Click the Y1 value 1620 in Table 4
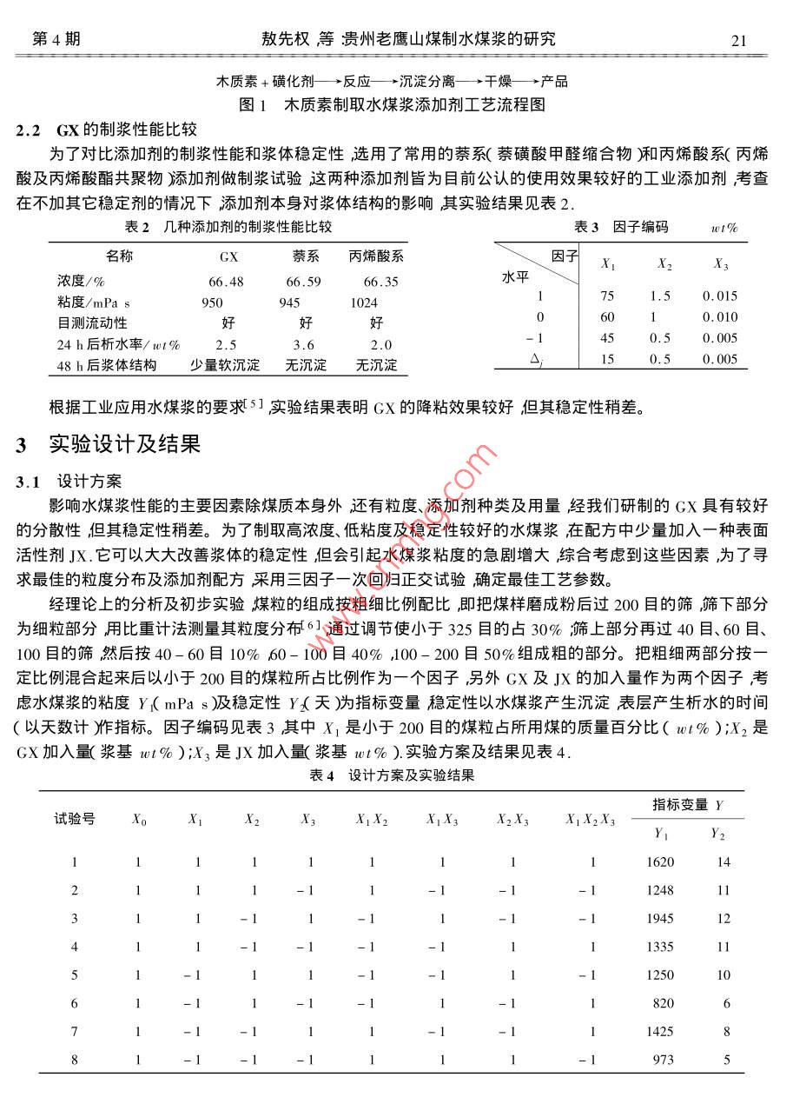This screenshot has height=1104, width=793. click(660, 862)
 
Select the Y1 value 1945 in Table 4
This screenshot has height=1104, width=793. click(660, 919)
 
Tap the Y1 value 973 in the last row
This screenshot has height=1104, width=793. click(663, 1060)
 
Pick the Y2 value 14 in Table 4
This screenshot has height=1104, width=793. click(723, 862)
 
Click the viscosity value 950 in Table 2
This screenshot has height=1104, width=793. click(212, 303)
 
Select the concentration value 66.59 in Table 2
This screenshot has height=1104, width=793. click(303, 282)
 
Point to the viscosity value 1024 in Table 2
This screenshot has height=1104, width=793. click(364, 303)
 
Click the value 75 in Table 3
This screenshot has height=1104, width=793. click(607, 296)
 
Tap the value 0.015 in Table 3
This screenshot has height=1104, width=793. click(720, 296)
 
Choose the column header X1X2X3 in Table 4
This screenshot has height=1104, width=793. click(590, 819)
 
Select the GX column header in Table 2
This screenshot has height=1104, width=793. click(228, 257)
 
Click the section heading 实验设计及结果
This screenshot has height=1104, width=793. click(124, 445)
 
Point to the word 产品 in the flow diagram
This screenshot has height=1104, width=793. click(554, 82)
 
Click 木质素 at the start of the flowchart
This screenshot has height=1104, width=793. click(236, 82)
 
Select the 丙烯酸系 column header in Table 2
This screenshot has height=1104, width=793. click(376, 256)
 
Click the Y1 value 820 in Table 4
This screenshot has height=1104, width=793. click(663, 1003)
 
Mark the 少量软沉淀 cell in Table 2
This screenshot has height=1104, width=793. click(225, 365)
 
